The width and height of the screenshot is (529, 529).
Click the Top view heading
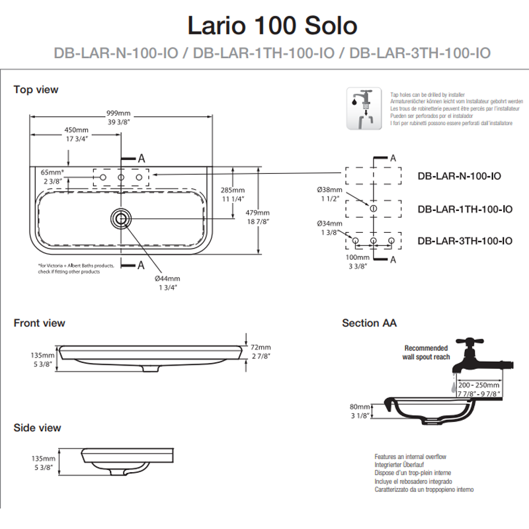click(36, 89)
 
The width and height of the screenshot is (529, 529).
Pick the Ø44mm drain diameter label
click(167, 278)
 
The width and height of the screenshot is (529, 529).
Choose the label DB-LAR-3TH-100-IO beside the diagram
click(465, 241)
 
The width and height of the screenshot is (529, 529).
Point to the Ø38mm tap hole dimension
click(328, 190)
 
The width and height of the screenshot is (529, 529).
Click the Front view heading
click(39, 323)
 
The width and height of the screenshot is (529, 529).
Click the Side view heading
click(37, 428)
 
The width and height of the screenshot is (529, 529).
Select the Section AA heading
click(369, 323)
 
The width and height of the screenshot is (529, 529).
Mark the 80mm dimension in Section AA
click(359, 407)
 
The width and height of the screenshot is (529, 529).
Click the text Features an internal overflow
click(410, 457)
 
